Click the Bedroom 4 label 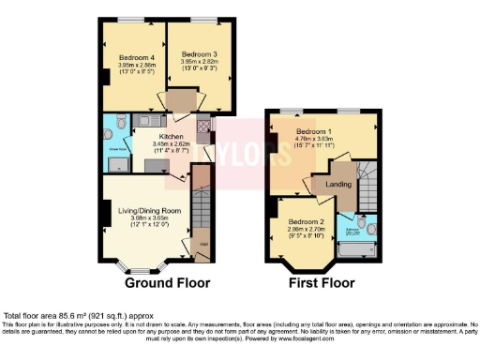pyautogui.click(x=137, y=58)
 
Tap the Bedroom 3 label pyautogui.click(x=199, y=54)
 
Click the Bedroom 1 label pyautogui.click(x=315, y=131)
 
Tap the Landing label pyautogui.click(x=337, y=184)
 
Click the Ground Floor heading pyautogui.click(x=168, y=282)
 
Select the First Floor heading pyautogui.click(x=322, y=282)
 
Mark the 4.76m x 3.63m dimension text pyautogui.click(x=315, y=140)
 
